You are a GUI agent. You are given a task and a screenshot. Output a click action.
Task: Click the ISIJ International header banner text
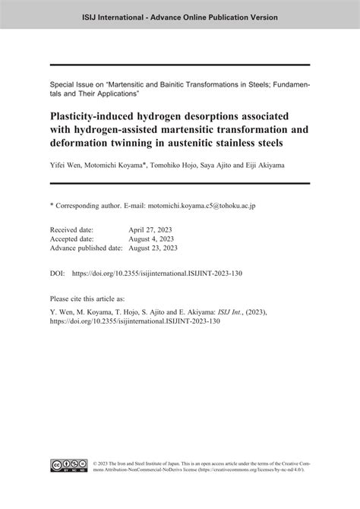(x=179, y=16)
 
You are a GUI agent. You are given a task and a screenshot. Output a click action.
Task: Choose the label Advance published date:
(x=85, y=247)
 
